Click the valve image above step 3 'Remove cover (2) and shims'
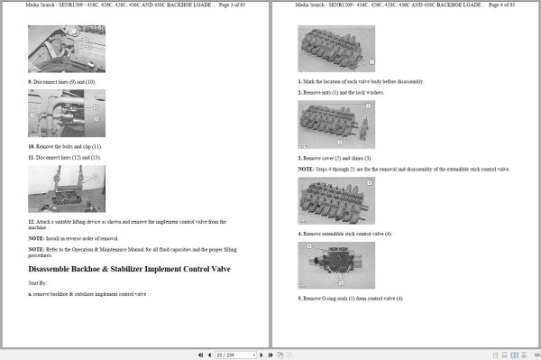(x=336, y=125)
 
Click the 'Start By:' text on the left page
(x=40, y=283)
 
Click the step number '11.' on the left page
(x=31, y=157)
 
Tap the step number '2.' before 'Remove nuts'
(x=300, y=93)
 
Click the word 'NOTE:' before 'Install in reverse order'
(x=36, y=238)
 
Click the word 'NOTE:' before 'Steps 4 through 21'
(x=307, y=169)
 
